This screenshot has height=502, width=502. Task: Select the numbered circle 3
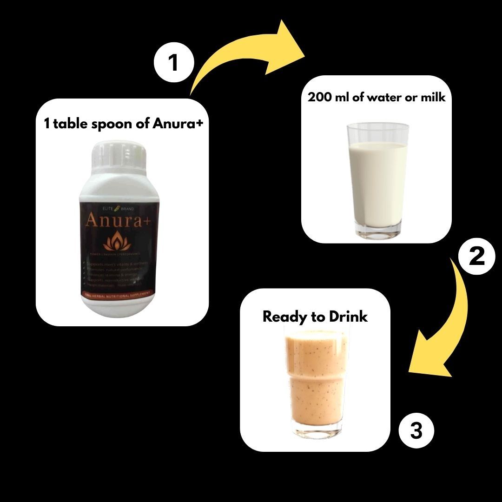pos(416,431)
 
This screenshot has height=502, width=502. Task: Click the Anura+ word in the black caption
pos(178,123)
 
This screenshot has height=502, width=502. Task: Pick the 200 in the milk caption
pos(318,97)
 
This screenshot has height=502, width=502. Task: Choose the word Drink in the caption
pos(348,317)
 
